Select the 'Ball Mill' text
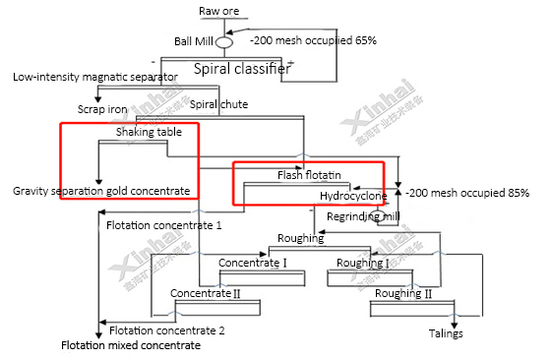pos(194,41)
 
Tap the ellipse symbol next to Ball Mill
pos(223,42)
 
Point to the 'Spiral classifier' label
pos(241,69)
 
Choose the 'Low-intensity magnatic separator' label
pos(95,77)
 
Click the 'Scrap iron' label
pos(103,109)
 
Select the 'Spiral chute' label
pos(217,104)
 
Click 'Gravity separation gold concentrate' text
pos(101,190)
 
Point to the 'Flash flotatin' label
pos(309,175)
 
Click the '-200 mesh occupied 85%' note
pos(467,193)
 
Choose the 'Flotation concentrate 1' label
pos(163,225)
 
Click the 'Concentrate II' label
pos(205,293)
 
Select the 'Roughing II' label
pos(403,293)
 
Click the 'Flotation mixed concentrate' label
pos(131,346)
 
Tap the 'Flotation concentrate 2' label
pos(166,330)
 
